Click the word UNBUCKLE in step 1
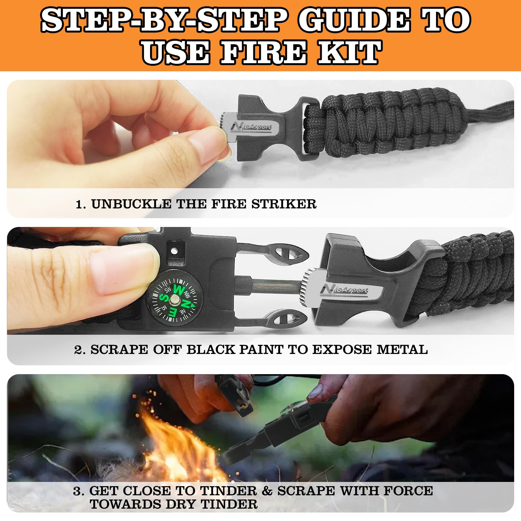coord(131,204)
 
